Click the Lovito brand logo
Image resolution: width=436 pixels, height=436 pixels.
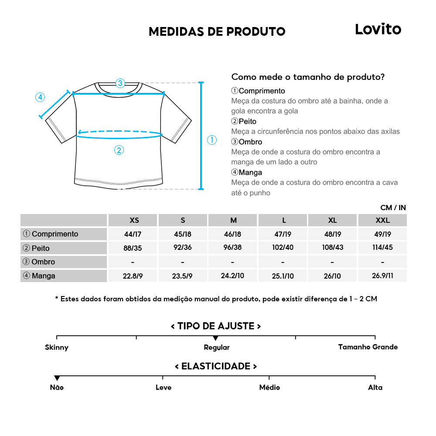tap(378, 29)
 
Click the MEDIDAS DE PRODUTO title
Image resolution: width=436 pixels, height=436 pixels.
tap(217, 32)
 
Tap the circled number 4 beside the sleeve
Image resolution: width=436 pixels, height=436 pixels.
tap(40, 97)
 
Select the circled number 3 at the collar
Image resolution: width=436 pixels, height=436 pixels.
tap(120, 83)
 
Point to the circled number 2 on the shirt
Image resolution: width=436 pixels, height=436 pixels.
tap(119, 150)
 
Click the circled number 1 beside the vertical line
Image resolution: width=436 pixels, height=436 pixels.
tap(211, 140)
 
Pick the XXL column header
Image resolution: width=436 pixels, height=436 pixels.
tap(382, 220)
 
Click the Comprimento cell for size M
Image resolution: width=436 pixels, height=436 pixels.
tap(232, 234)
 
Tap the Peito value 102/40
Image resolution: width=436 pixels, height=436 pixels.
tap(283, 248)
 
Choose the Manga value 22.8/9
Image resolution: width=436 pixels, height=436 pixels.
tap(133, 276)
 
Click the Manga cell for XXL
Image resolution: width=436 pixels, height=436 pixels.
tap(382, 276)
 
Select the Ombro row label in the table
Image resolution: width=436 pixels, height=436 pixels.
tap(43, 262)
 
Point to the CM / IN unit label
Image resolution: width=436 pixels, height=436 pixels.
tap(393, 208)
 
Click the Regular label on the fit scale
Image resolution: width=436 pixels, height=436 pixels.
tap(217, 347)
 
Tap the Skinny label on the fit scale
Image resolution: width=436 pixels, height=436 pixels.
tap(57, 347)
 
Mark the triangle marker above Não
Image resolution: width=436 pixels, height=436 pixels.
tap(57, 378)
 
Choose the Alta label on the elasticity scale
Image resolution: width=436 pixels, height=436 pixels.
tap(375, 388)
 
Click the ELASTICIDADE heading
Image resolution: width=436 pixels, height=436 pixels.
tap(216, 366)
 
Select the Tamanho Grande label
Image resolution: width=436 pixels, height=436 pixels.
tap(368, 347)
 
